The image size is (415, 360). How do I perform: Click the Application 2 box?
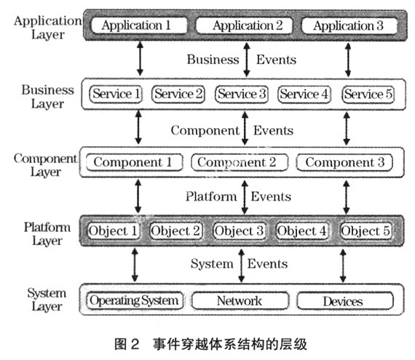(244, 25)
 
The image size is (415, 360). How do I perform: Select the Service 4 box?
(304, 94)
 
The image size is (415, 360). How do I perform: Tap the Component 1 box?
(135, 162)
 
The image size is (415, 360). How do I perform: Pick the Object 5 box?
(365, 231)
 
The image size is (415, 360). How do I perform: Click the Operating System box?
(135, 300)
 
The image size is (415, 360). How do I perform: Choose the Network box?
(240, 300)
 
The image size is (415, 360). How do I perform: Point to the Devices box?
(345, 301)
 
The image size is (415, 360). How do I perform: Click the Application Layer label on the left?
(47, 28)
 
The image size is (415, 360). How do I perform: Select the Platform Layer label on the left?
(47, 234)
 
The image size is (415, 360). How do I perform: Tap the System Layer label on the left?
(47, 300)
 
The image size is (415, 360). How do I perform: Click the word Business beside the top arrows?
(213, 60)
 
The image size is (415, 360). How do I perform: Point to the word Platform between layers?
(211, 196)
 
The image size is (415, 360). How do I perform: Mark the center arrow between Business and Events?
(247, 60)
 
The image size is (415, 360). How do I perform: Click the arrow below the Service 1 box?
(138, 127)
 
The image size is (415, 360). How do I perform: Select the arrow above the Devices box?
(343, 265)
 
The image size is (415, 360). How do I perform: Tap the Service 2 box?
(178, 94)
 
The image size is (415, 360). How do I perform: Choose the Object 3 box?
(240, 231)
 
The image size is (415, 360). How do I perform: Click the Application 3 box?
(349, 25)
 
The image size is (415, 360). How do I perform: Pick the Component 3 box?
(344, 163)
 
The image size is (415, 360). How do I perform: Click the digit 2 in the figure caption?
(135, 345)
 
